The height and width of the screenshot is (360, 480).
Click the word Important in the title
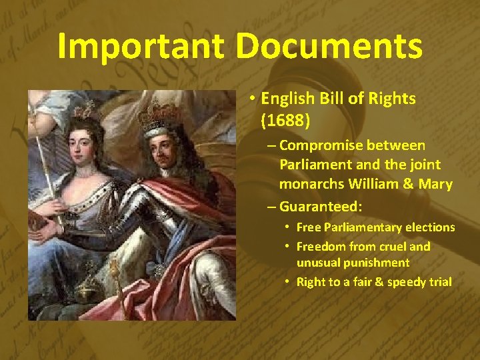[143, 47]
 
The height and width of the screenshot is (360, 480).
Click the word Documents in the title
[330, 47]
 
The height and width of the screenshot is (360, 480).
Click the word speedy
[391, 282]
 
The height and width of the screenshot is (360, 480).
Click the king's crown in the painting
[158, 111]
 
